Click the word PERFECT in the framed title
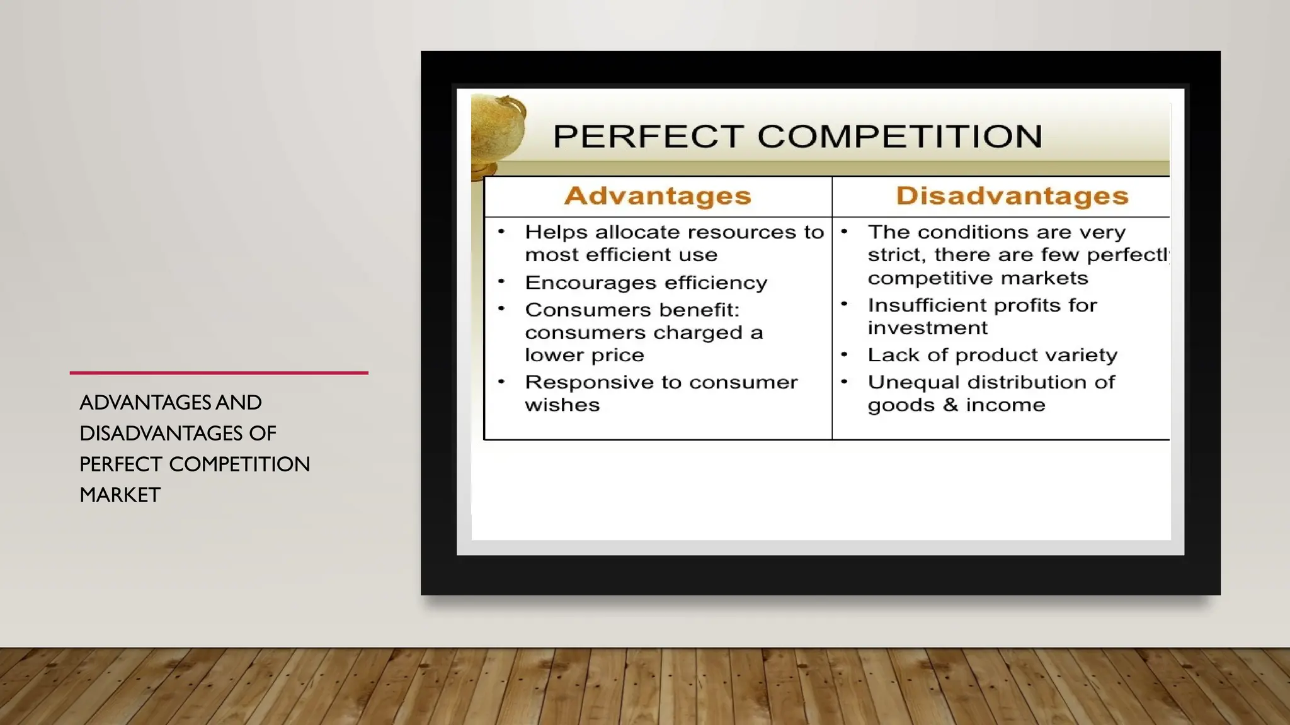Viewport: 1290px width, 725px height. [648, 137]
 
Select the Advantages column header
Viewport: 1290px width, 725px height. [658, 196]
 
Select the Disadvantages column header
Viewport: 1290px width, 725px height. [1012, 196]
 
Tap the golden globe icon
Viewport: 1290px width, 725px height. [497, 133]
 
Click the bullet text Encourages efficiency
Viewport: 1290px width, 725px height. [646, 283]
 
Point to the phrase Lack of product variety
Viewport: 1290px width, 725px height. [992, 355]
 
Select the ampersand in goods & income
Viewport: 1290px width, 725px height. [950, 405]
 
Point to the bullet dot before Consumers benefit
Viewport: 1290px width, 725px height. [501, 308]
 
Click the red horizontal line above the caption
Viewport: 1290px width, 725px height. [219, 373]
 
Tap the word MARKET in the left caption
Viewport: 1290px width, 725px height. [120, 495]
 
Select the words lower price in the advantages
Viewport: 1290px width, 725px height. [584, 355]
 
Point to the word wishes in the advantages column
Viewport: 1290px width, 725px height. [562, 405]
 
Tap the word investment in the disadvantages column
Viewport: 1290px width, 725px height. [927, 328]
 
